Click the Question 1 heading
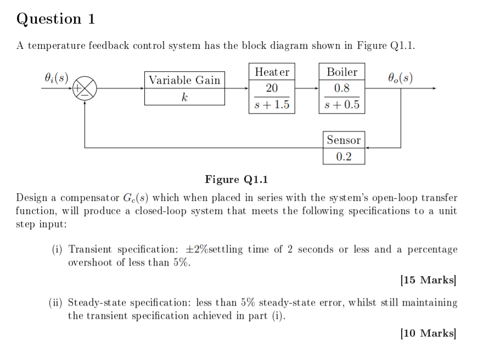[x=56, y=19]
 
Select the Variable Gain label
[x=184, y=80]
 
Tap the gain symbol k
[x=184, y=97]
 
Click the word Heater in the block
[x=272, y=72]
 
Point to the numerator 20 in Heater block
[x=272, y=88]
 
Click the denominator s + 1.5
[x=272, y=105]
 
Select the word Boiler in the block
[x=342, y=72]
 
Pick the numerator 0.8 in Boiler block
[x=342, y=88]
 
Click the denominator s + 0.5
[x=342, y=105]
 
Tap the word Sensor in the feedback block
[x=344, y=140]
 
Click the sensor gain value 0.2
[x=344, y=156]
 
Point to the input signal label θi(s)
[x=55, y=77]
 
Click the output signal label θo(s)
[x=400, y=77]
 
